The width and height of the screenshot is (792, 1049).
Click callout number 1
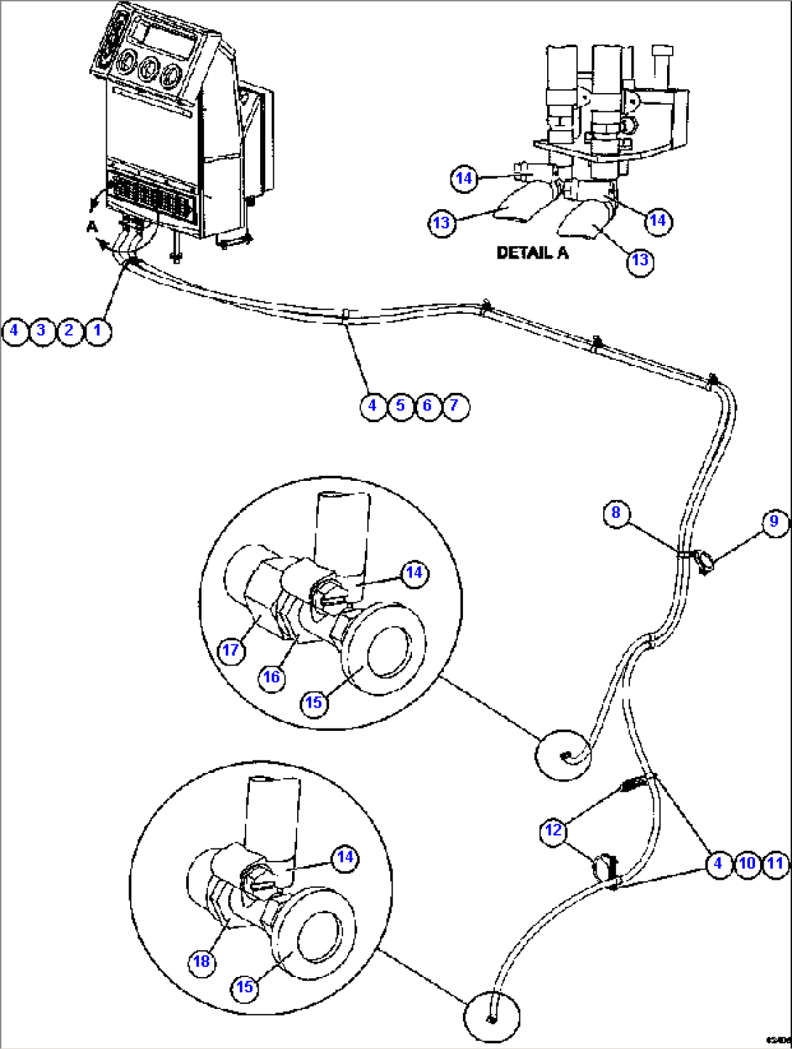click(x=97, y=331)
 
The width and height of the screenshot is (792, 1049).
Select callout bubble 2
click(x=69, y=331)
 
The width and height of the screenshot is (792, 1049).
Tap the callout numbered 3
click(x=41, y=331)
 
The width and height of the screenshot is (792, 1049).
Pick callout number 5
click(x=400, y=405)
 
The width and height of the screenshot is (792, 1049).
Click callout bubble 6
click(x=427, y=405)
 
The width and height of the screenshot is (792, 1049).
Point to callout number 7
click(x=455, y=405)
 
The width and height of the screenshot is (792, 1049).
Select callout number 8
click(x=616, y=514)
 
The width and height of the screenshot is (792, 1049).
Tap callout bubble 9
click(x=775, y=522)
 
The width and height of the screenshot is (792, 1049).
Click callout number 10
click(x=747, y=864)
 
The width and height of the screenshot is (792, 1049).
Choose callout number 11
click(x=775, y=864)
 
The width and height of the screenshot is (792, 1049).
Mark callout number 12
click(x=554, y=830)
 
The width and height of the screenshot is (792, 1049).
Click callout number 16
click(x=272, y=678)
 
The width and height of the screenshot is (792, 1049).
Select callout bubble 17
click(x=231, y=649)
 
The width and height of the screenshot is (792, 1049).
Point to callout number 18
click(x=201, y=963)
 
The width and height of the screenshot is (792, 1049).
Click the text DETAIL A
click(x=532, y=254)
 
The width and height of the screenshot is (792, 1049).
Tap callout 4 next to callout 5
click(x=373, y=405)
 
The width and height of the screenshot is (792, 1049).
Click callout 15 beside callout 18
click(x=245, y=987)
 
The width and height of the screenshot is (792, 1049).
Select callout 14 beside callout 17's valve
click(x=414, y=573)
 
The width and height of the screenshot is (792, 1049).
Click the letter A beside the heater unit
click(x=92, y=227)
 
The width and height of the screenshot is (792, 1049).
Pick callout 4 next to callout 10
click(x=719, y=864)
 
